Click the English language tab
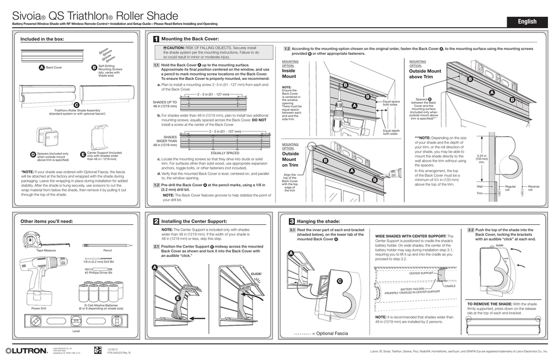(527, 22)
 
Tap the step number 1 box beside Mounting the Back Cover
(156, 40)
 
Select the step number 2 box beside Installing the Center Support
(156, 222)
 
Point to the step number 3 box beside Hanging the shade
(292, 222)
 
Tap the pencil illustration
(108, 245)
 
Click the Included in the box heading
(42, 39)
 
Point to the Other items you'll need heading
(47, 222)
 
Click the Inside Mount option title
(289, 73)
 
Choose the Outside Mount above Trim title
(425, 74)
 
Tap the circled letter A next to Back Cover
(41, 68)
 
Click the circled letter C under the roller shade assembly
(77, 104)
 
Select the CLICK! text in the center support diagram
(256, 274)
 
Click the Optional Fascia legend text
(332, 333)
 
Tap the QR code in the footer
(98, 350)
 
